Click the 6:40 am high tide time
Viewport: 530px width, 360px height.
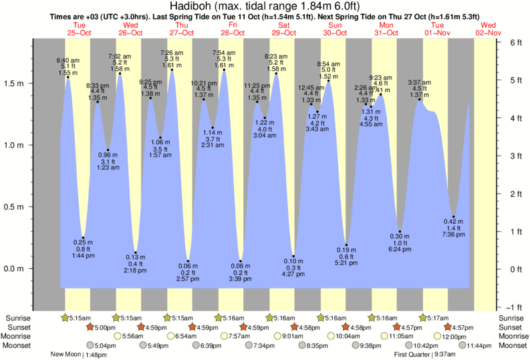pos(68,59)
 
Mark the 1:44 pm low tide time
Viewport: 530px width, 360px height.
pos(83,256)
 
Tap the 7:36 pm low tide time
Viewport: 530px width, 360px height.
pos(453,234)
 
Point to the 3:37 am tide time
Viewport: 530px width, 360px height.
pos(419,82)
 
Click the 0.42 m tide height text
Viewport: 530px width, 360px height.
pos(453,221)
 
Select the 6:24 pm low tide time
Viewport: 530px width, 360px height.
pos(400,250)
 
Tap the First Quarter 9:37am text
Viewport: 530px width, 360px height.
pos(425,355)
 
